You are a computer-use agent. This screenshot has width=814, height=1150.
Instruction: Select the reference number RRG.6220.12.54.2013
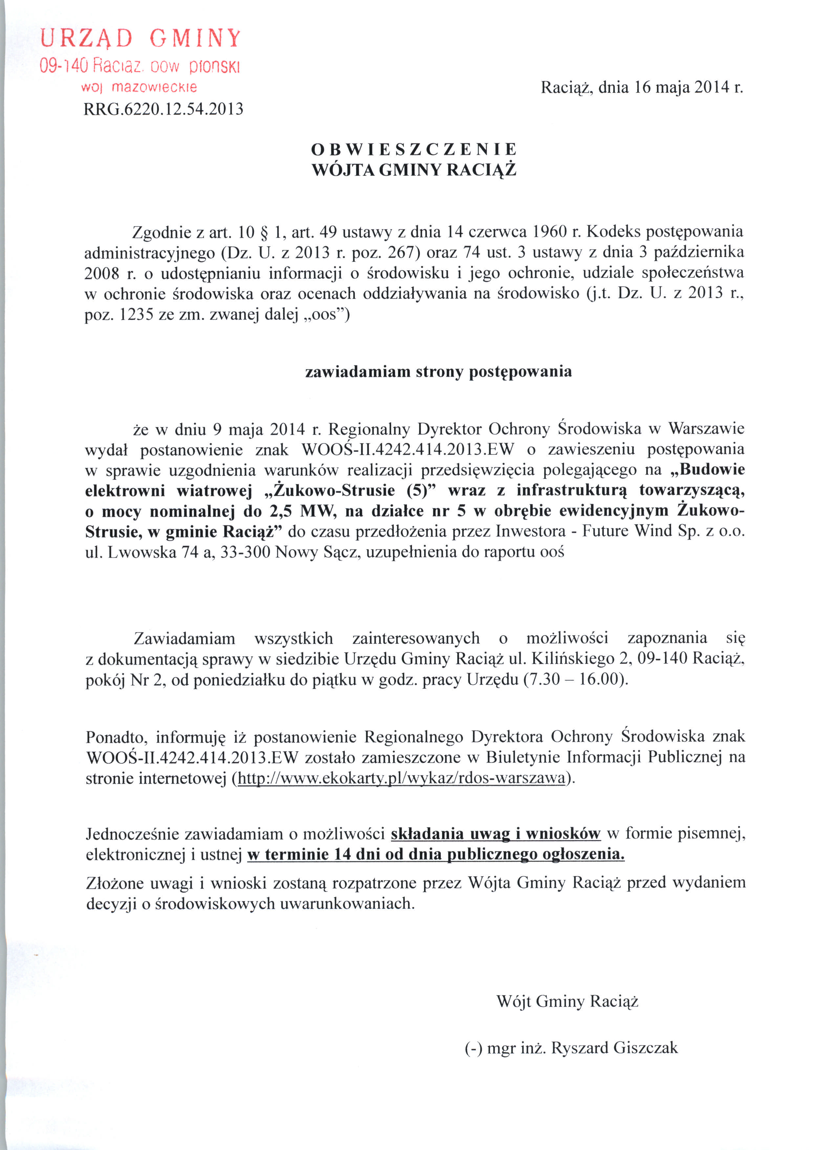click(163, 109)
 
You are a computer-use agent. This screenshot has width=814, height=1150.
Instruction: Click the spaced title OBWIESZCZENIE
click(414, 149)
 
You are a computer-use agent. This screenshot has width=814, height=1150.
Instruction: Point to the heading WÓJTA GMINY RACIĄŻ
click(414, 170)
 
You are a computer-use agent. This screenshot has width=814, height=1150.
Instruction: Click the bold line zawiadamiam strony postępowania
click(438, 372)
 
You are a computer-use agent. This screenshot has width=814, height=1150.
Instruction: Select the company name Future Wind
click(628, 531)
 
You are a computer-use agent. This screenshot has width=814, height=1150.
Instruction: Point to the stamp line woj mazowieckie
click(139, 87)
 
